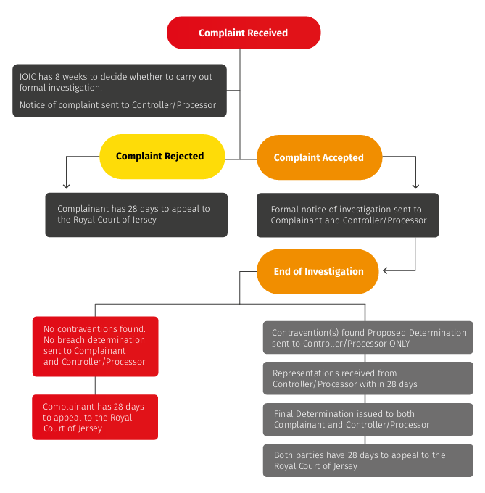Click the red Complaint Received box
244,33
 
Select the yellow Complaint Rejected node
160,157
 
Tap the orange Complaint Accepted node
319,157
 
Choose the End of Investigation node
318,272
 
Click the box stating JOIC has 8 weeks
119,91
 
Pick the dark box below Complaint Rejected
136,215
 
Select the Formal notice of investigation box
347,215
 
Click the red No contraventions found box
95,346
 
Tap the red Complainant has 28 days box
95,417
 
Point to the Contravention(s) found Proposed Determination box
368,338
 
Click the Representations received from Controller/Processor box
368,378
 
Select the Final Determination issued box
368,419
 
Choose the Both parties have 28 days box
368,460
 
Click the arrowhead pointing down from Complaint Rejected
66,186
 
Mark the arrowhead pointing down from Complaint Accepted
415,186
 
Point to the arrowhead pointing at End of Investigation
386,270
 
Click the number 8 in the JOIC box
66,77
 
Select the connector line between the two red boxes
95,386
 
